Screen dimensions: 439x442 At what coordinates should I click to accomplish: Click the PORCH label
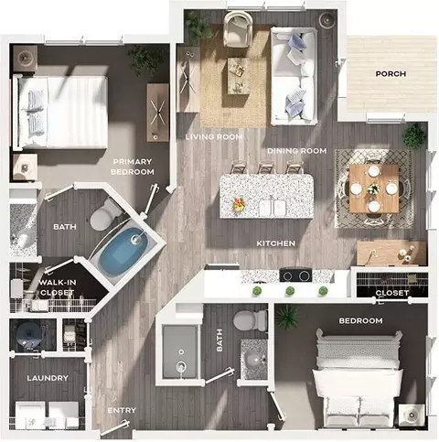click(x=391, y=74)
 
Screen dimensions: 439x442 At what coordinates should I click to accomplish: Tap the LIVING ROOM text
click(x=214, y=137)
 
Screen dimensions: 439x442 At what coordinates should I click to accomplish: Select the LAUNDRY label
click(x=48, y=378)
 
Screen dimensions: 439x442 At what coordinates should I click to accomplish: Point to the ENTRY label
click(x=122, y=410)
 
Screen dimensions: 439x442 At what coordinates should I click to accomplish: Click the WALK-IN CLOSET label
click(x=58, y=287)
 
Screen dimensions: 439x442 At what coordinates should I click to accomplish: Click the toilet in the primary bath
click(x=103, y=214)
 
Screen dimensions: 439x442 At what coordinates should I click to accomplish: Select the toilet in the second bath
click(x=250, y=320)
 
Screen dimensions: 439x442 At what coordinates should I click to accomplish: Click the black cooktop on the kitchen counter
click(x=295, y=275)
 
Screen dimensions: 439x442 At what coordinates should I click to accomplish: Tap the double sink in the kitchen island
click(x=273, y=208)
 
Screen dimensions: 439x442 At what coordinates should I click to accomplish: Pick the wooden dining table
click(x=374, y=189)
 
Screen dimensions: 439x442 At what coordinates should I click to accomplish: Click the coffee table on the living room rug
click(x=239, y=76)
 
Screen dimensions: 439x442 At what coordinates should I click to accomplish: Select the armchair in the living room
click(x=238, y=28)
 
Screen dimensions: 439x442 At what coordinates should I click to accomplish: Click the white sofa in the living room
click(x=294, y=76)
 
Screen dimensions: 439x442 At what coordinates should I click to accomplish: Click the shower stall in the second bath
click(x=179, y=351)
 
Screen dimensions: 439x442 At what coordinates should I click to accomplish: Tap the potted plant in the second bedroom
click(x=287, y=317)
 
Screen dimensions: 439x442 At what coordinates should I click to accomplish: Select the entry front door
click(x=114, y=427)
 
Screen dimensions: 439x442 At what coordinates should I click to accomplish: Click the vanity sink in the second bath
click(x=254, y=359)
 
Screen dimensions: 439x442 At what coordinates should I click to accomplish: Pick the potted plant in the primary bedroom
click(x=145, y=59)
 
